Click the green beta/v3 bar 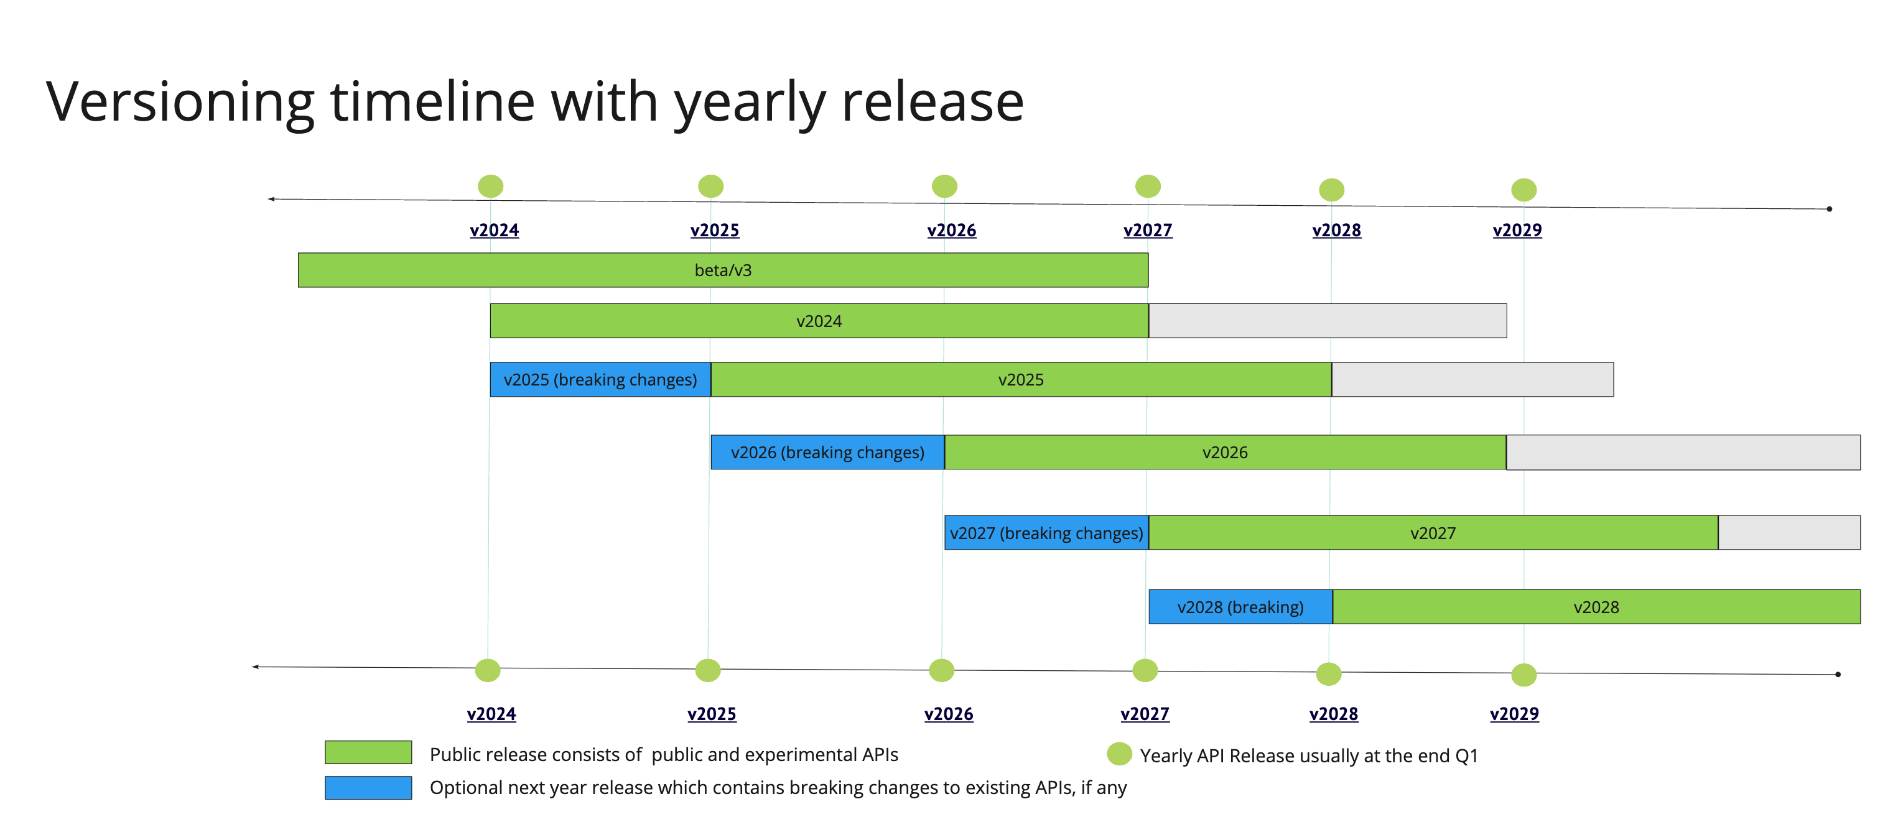[x=722, y=270]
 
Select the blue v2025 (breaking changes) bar [x=600, y=380]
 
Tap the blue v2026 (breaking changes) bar [x=827, y=453]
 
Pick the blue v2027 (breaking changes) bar [x=1046, y=533]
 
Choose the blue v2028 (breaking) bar [x=1240, y=607]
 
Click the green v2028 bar [x=1596, y=607]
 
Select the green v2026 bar [x=1224, y=453]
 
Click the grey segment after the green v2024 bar [x=1327, y=321]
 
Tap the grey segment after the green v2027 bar [x=1788, y=533]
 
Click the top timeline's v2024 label [x=494, y=230]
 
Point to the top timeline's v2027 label [x=1147, y=230]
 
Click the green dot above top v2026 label [x=944, y=186]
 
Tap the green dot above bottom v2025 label [x=708, y=670]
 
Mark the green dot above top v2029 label [x=1523, y=190]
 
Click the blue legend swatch [x=368, y=788]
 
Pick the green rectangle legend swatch [x=368, y=752]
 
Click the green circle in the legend [x=1119, y=754]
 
